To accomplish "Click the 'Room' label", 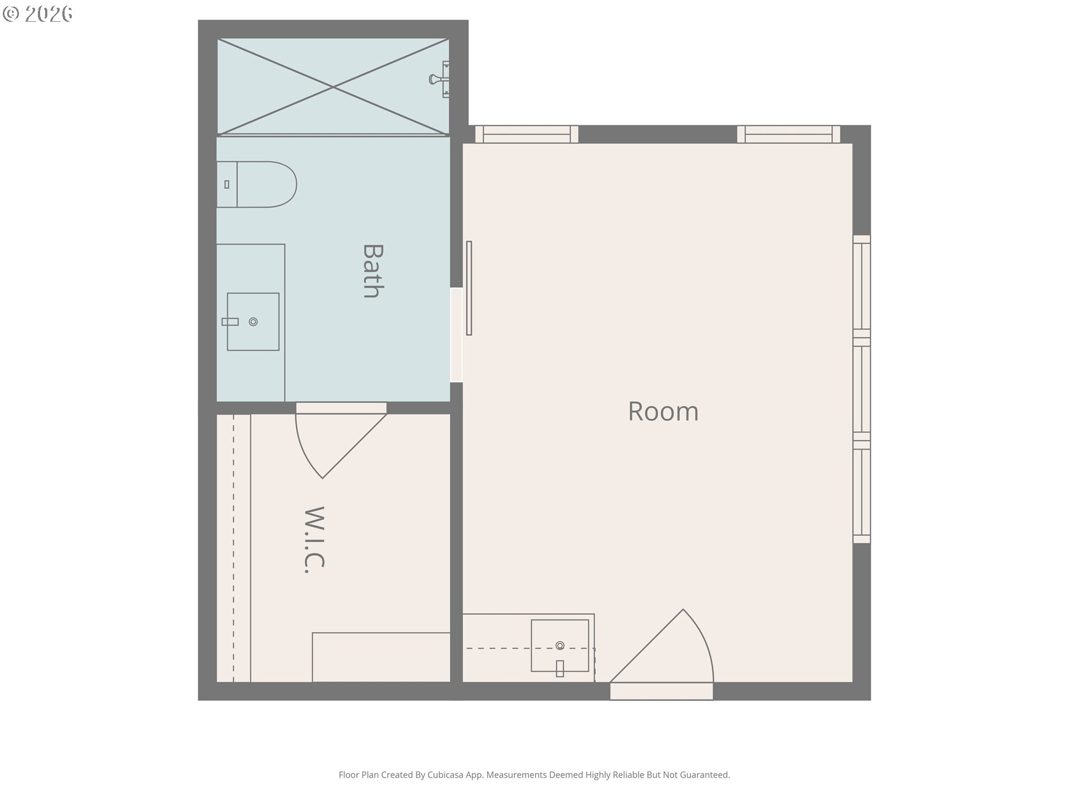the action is [x=663, y=412].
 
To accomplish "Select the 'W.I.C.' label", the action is [x=315, y=540].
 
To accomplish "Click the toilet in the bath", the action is [x=257, y=184].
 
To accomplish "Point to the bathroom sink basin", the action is [x=253, y=322].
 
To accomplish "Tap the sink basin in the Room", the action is [x=560, y=645].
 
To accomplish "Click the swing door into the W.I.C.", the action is [x=341, y=440].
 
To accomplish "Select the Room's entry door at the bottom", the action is [x=661, y=654].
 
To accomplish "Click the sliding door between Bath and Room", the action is [x=469, y=288].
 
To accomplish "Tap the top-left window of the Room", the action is [x=527, y=134].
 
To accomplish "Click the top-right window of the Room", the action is [x=788, y=134].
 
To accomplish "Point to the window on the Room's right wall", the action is [x=862, y=389].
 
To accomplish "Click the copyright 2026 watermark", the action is [x=38, y=14].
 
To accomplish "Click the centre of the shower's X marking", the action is [x=333, y=87].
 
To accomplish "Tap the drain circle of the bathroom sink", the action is [x=253, y=322].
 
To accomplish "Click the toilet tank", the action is [x=227, y=184].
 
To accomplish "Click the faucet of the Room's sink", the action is [x=560, y=668].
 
